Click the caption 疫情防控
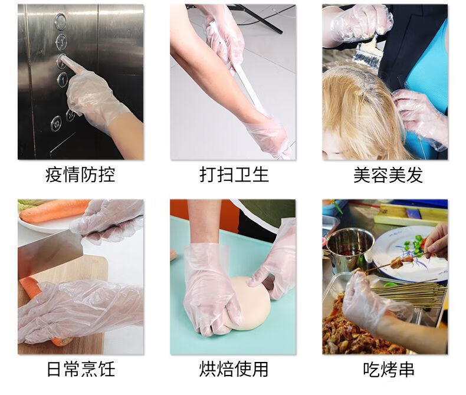(80, 175)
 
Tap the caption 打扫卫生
(234, 175)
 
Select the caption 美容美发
(388, 175)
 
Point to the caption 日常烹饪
(81, 369)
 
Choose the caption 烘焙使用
(234, 369)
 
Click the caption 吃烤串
(389, 369)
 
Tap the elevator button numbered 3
(61, 41)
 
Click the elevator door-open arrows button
(56, 123)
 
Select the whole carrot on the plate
(54, 210)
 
